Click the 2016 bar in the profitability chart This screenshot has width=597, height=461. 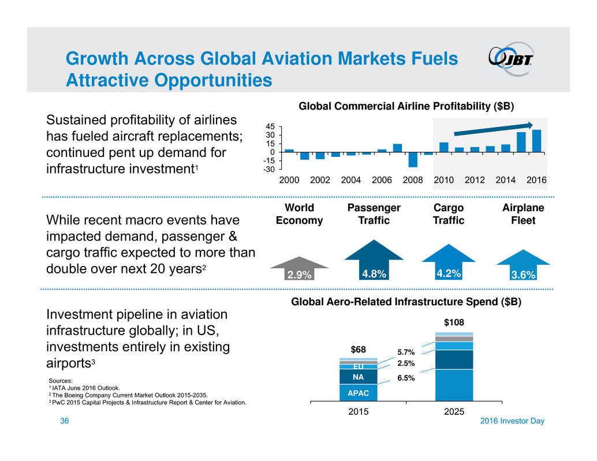pyautogui.click(x=536, y=141)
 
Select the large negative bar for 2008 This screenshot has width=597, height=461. pyautogui.click(x=413, y=159)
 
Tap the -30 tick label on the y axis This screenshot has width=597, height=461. pyautogui.click(x=269, y=170)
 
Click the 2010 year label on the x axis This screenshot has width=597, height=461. pyautogui.click(x=444, y=180)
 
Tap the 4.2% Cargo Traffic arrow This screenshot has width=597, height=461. pyautogui.click(x=449, y=265)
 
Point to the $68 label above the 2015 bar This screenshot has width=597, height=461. pyautogui.click(x=358, y=350)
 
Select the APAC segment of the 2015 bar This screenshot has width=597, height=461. pyautogui.click(x=358, y=393)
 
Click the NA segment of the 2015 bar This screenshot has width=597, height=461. pyautogui.click(x=358, y=377)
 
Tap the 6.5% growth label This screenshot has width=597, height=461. pyautogui.click(x=406, y=378)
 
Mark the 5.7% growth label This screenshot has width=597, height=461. pyautogui.click(x=406, y=353)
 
